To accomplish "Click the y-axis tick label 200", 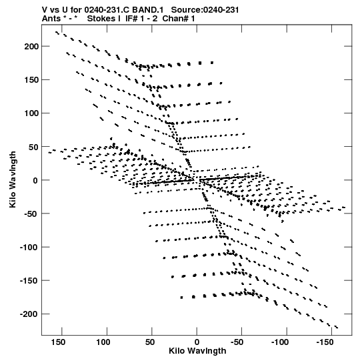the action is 31,47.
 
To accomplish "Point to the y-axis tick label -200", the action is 29,314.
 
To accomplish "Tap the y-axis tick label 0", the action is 35,180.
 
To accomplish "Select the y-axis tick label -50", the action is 31,214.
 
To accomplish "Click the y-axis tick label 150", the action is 31,80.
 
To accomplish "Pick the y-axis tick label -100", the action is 29,248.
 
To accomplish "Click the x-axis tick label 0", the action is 197,342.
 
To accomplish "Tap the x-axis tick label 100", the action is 103,342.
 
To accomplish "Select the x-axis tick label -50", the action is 237,342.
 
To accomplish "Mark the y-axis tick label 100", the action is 31,113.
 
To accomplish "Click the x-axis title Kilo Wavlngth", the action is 197,351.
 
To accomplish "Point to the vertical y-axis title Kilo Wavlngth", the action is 13,179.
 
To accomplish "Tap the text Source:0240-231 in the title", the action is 205,10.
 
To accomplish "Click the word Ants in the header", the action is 51,19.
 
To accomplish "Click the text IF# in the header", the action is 131,19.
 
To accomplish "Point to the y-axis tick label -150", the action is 29,281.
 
